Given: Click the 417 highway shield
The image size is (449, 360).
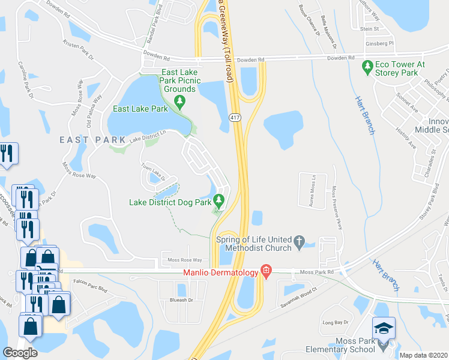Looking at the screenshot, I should pos(235,118).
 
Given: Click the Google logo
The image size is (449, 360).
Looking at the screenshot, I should pos(20,353).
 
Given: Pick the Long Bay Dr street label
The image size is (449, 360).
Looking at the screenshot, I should pos(336,323).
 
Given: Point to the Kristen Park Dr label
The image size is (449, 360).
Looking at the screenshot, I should pos(78,50).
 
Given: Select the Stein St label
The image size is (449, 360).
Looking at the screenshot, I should pos(369,28).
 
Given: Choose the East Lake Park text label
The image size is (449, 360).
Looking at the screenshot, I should pos(141,109).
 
